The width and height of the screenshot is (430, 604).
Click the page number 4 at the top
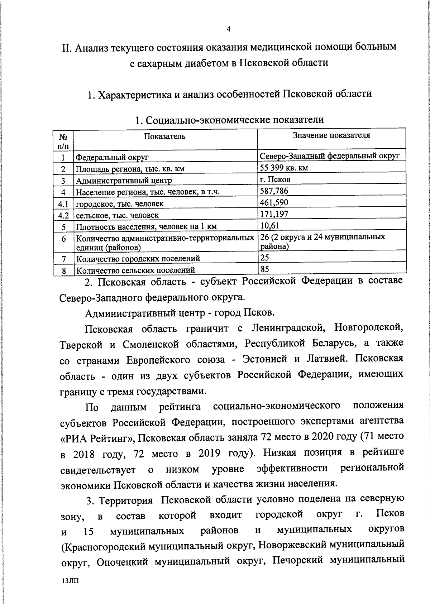tap(229, 29)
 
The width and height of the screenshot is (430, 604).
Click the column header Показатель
tap(165, 136)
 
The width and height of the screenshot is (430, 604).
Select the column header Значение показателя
tap(331, 135)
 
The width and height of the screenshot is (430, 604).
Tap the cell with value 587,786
tap(274, 191)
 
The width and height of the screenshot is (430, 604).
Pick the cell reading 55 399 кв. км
tap(284, 167)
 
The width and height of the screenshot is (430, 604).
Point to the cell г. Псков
tap(275, 179)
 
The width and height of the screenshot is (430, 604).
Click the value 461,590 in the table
tap(274, 202)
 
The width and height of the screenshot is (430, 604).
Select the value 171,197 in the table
tap(274, 214)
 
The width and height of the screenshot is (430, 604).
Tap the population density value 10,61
tap(269, 225)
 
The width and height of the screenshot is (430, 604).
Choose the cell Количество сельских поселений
tap(136, 270)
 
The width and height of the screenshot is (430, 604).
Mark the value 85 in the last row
tap(265, 269)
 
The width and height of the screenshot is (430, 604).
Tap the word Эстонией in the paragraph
tap(265, 359)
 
